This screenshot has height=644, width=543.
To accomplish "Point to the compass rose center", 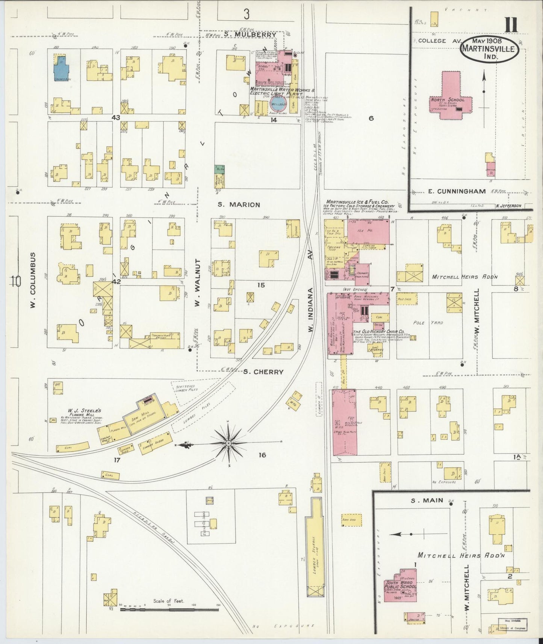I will tap(228, 444).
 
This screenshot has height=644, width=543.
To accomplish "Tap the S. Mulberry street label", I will tap(250, 35).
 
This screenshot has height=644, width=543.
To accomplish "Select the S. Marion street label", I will tap(239, 205).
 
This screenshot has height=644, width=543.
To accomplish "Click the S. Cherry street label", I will tap(263, 372).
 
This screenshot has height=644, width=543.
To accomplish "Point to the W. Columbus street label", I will tap(33, 280).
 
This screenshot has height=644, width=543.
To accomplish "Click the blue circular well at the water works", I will tap(278, 104).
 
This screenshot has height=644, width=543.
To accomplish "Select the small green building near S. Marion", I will tap(219, 169).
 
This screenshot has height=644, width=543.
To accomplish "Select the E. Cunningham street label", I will tap(457, 192).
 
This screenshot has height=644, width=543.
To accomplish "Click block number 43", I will tap(115, 118).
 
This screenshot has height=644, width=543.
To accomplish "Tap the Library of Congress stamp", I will tap(512, 624).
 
